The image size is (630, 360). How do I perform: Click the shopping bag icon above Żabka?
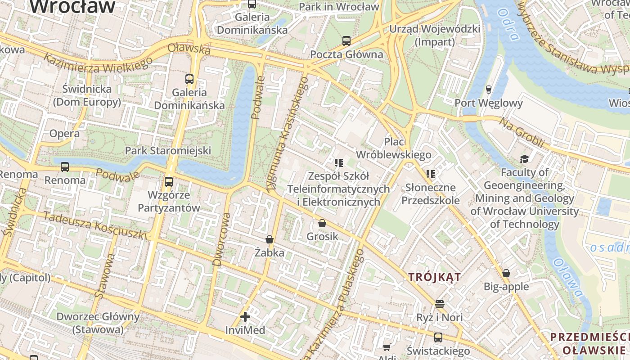pos(270,239)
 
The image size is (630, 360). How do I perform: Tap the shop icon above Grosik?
pos(322,223)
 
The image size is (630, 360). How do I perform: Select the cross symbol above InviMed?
pos(245,317)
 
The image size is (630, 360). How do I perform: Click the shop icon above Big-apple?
pos(506,273)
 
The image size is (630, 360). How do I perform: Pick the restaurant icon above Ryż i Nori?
pos(440,304)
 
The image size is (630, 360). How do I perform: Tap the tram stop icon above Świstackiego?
pos(438,337)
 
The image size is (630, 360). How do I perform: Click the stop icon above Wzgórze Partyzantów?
pos(169,182)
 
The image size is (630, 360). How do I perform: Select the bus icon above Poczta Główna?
pos(346,41)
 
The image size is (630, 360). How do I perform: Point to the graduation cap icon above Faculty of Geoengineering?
pos(524,159)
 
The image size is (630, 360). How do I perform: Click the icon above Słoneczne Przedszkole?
pos(431,174)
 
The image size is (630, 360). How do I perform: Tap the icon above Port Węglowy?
pos(489,89)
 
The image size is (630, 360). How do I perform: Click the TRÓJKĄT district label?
pos(435,277)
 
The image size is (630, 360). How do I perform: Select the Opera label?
pos(64,134)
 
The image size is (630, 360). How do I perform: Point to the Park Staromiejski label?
pos(168,150)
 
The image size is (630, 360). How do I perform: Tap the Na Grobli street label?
pos(521,132)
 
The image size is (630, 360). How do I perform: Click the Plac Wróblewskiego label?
pos(393,148)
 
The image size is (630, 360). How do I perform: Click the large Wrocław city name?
pos(72,6)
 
